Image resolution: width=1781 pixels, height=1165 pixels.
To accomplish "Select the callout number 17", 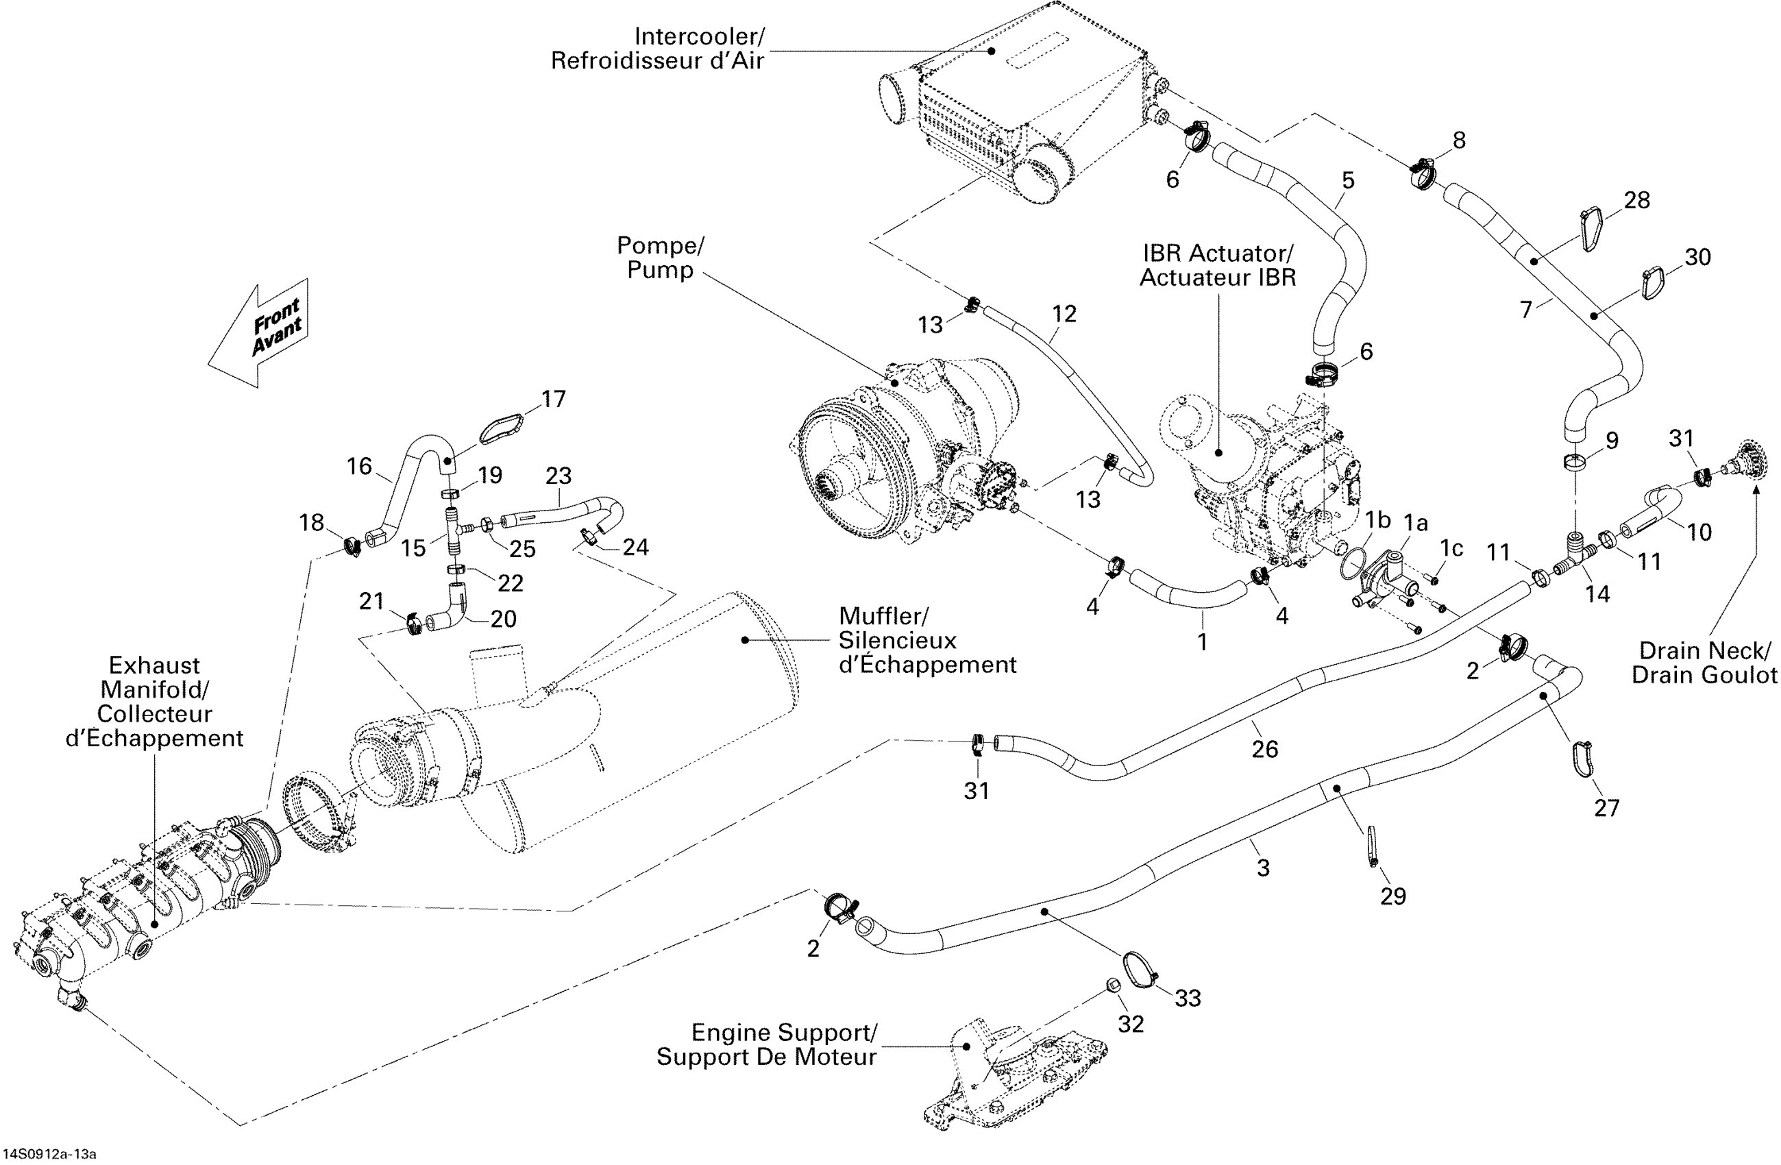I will coord(553,400).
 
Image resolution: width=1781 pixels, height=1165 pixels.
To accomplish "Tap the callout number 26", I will coord(1265,749).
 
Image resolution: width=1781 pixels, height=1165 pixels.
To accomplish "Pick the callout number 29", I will coord(1392,896).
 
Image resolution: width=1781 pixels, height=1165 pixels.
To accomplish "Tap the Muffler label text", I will coord(883,617).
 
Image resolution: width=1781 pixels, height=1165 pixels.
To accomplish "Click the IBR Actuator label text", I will coord(1218,253).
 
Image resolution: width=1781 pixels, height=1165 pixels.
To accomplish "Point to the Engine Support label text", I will coord(783,1033).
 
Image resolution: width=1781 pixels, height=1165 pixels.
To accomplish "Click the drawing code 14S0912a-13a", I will coord(49,1154).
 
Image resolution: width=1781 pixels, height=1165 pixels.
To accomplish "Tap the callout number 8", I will coord(1458,140).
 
